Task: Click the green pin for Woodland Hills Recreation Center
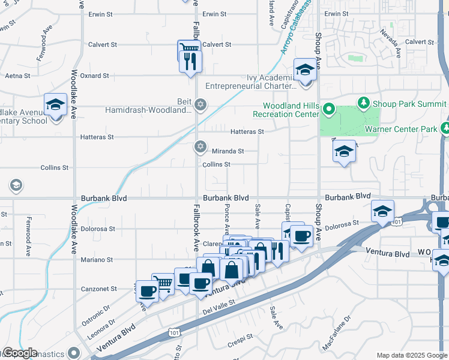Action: [328, 109]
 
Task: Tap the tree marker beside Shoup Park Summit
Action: [363, 104]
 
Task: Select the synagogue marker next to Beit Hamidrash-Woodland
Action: [200, 104]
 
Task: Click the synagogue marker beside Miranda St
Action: [200, 146]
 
